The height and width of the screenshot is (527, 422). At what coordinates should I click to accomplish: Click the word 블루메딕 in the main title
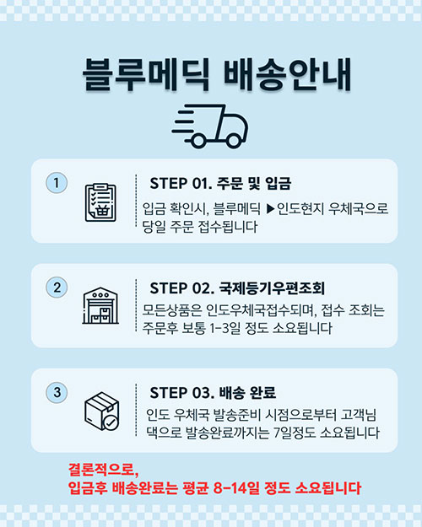[146, 74]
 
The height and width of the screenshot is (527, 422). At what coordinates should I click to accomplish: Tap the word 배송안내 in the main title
[288, 74]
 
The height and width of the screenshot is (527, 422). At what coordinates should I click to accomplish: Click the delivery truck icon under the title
[210, 126]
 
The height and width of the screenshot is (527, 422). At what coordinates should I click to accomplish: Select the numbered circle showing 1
[57, 183]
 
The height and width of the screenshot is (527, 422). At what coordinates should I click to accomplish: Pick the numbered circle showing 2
[57, 288]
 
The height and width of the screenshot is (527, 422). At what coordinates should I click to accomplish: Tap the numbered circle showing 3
[57, 392]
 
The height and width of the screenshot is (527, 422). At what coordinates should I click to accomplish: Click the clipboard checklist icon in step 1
[100, 202]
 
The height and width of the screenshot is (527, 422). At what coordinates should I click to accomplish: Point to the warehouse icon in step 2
[100, 305]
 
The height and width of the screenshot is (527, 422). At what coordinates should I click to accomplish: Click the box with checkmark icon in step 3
[101, 411]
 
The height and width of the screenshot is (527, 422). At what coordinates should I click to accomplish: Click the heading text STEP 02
[181, 288]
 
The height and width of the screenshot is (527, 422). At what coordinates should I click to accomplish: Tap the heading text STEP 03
[181, 393]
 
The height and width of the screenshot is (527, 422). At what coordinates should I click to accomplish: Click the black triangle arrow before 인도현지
[271, 209]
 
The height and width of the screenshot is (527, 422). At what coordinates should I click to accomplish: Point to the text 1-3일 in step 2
[225, 328]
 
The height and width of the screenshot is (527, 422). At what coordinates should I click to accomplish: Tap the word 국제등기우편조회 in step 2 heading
[272, 288]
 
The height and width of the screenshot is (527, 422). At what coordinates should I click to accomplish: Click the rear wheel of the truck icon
[198, 141]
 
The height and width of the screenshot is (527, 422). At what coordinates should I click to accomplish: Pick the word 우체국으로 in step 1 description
[359, 209]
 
